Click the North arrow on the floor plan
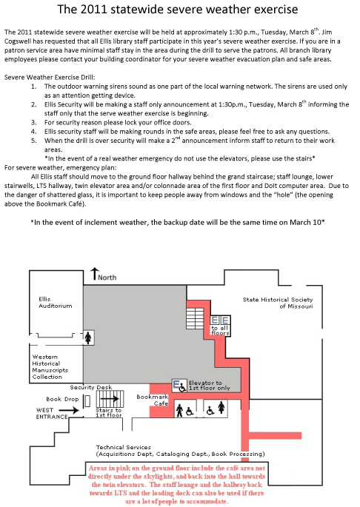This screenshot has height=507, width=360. (x=94, y=274)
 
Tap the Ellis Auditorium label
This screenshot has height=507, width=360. (x=56, y=303)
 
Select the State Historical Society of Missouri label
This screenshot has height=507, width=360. (x=278, y=303)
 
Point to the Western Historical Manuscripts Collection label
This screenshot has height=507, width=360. (x=50, y=366)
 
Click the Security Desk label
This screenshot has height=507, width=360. (x=91, y=387)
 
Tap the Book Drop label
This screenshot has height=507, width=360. (x=62, y=399)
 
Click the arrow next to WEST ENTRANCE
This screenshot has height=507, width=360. (x=73, y=410)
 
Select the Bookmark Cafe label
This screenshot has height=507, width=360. (x=153, y=400)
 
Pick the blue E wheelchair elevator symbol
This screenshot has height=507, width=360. (x=179, y=386)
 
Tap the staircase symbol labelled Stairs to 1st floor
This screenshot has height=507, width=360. (x=110, y=399)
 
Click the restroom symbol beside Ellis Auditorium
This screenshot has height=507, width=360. (x=88, y=338)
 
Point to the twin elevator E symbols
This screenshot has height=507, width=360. (x=220, y=320)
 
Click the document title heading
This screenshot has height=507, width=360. (x=178, y=9)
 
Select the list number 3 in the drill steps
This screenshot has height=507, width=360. (x=33, y=123)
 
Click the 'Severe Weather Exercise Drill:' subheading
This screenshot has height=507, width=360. (x=50, y=77)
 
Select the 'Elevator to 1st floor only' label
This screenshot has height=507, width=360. (x=209, y=386)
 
